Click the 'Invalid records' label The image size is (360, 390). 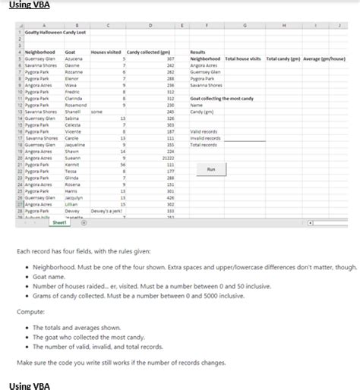(203, 137)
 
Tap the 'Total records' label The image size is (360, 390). (201, 144)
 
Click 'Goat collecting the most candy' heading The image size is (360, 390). (219, 98)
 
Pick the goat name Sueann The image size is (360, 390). (74, 157)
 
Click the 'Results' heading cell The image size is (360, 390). (197, 51)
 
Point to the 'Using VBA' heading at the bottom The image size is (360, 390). (28, 385)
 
